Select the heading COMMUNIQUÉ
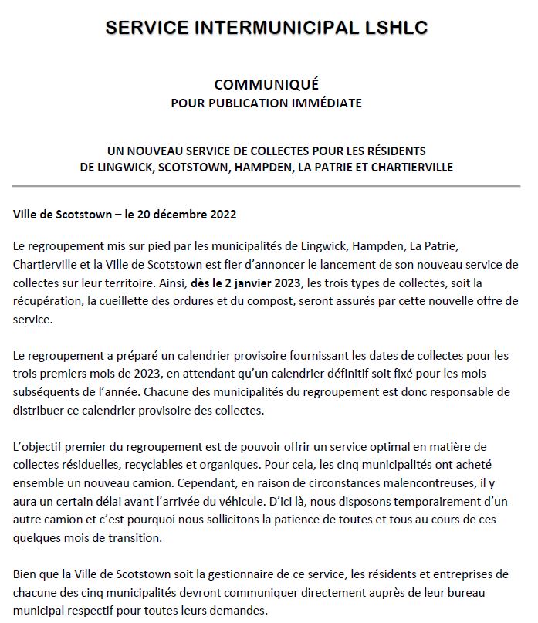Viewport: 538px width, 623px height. coord(266,84)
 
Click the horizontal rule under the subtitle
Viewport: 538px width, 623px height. coord(266,186)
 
